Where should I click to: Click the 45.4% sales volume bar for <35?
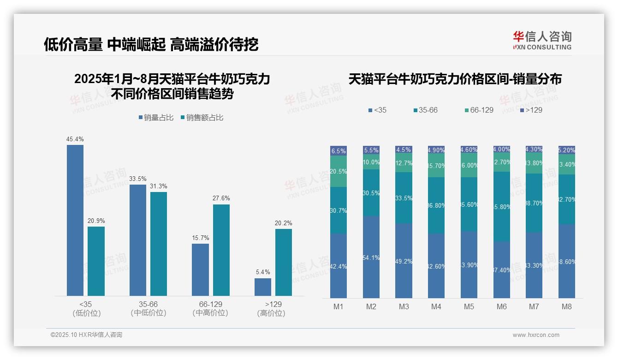click(75, 220)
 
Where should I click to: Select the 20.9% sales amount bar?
click(96, 261)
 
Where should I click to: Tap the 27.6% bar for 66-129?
click(221, 250)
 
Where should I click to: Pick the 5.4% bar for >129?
click(263, 287)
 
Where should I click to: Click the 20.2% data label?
click(284, 223)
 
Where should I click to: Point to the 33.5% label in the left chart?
click(138, 179)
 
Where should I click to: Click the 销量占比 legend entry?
click(156, 118)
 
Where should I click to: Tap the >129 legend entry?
click(531, 110)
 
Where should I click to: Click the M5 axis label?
click(469, 306)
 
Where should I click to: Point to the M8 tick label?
click(567, 306)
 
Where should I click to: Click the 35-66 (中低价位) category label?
click(148, 308)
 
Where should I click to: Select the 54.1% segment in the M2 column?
click(371, 257)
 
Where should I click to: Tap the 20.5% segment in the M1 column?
click(339, 171)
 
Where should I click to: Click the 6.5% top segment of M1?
click(339, 151)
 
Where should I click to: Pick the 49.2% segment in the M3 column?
click(404, 260)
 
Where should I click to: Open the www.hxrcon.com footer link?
click(536, 335)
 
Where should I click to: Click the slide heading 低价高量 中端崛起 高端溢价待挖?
click(151, 44)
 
